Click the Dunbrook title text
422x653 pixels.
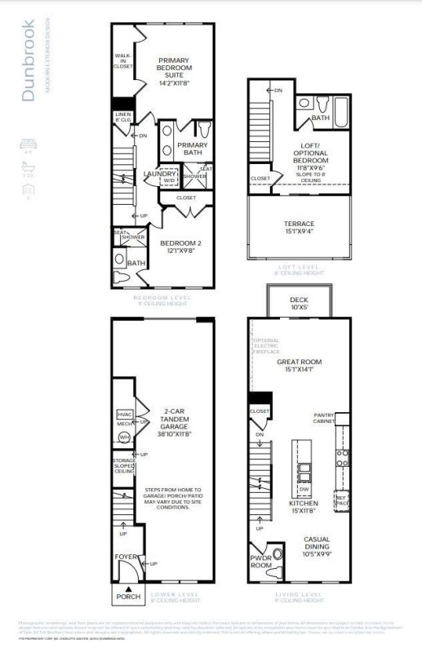tap(29, 61)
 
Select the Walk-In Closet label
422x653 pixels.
tap(123, 62)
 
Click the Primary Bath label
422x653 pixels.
tap(193, 149)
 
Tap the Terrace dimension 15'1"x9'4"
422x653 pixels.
tap(299, 233)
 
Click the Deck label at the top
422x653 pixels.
tap(299, 304)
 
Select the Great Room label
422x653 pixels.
tap(299, 366)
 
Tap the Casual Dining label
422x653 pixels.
tap(317, 544)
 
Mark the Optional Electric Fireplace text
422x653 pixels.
tap(266, 351)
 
